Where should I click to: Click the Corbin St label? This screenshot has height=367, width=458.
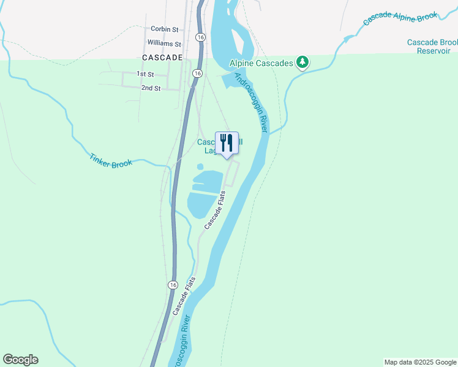[164, 29]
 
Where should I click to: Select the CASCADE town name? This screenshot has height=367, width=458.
[162, 57]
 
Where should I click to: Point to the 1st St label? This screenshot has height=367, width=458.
[145, 74]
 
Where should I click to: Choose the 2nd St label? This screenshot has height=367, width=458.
[151, 88]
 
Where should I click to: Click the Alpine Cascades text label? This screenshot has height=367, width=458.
[261, 62]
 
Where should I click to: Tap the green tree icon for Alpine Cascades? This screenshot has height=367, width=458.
[302, 62]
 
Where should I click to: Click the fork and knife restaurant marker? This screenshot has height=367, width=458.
[227, 144]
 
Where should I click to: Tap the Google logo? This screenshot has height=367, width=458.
[20, 360]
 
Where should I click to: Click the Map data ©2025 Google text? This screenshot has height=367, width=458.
[421, 362]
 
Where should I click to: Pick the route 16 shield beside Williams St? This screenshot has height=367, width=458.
[200, 37]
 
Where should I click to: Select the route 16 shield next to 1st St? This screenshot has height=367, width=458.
[196, 73]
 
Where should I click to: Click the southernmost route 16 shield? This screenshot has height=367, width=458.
[173, 285]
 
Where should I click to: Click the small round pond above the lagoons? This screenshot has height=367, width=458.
[200, 166]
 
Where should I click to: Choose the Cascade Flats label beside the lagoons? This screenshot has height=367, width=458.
[215, 211]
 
